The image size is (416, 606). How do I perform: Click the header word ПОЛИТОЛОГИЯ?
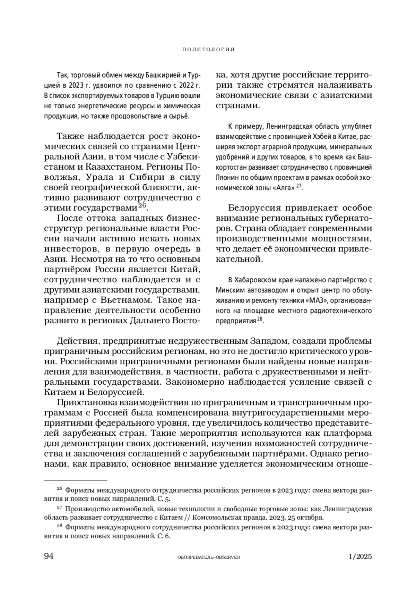pyautogui.click(x=208, y=50)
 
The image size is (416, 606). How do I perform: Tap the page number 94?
pyautogui.click(x=49, y=556)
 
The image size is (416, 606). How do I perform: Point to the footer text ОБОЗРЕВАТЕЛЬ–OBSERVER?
pyautogui.click(x=208, y=557)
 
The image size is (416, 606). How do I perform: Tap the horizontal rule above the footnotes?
pyautogui.click(x=76, y=480)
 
